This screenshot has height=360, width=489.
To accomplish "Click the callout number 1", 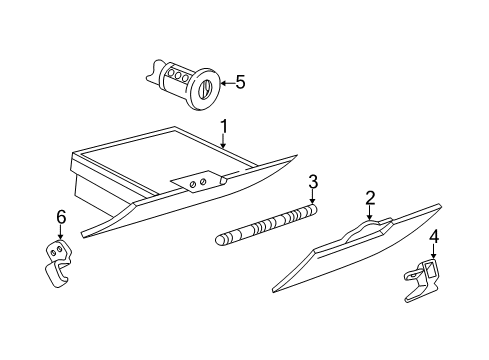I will (x=224, y=126).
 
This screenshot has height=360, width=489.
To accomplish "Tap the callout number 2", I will (x=369, y=198).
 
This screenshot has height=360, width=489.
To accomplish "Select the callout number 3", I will (x=313, y=181).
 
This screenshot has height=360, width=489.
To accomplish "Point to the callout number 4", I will (x=433, y=237).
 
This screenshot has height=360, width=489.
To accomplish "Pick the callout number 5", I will (x=239, y=82).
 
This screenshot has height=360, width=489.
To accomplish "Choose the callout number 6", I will (x=60, y=216).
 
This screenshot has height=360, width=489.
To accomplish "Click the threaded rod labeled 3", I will (x=265, y=225).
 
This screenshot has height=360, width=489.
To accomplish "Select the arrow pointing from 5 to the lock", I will (x=225, y=82).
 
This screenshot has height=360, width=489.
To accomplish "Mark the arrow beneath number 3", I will (x=312, y=198).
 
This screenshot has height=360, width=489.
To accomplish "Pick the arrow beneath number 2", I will (x=369, y=214).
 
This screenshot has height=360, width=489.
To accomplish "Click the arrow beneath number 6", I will (x=60, y=231).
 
